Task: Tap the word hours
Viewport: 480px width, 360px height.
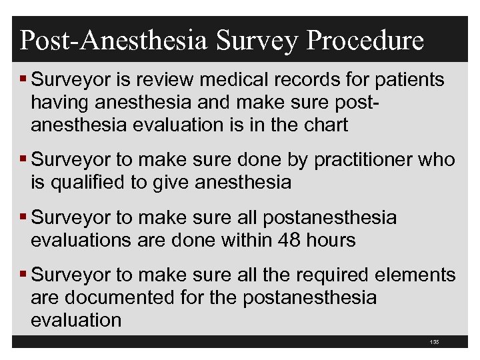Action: click(329, 239)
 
